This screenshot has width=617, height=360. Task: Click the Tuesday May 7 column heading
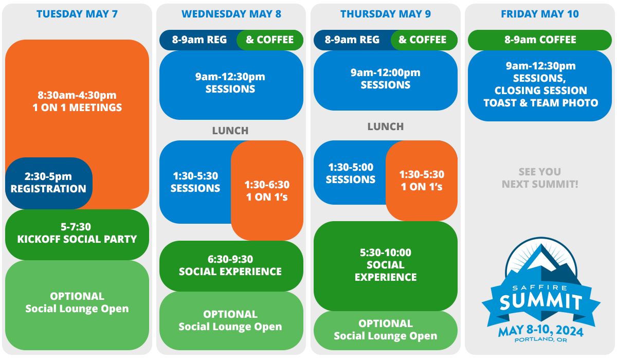coord(77,14)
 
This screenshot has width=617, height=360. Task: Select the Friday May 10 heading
coord(540,14)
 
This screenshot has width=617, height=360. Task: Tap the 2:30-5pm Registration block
coord(48,183)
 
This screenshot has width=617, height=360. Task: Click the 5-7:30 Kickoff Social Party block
coord(77,233)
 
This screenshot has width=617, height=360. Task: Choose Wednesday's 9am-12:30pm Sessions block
coord(230,83)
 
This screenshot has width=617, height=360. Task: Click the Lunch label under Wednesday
coord(230,131)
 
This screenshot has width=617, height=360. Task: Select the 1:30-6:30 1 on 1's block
coord(267,191)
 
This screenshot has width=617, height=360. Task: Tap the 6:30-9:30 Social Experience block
coord(230,265)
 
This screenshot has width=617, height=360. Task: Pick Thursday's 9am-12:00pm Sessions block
coord(386,79)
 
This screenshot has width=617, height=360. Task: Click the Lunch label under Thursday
coord(386,127)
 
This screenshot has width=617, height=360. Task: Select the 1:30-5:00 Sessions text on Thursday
coord(350,173)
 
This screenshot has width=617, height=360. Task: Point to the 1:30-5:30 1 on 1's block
coord(422,181)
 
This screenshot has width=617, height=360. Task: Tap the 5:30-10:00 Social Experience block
coord(386,265)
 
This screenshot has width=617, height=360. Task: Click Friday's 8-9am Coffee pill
coord(540,40)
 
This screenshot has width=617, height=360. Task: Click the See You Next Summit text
coord(540,178)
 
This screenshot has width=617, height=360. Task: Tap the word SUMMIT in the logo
coord(540,302)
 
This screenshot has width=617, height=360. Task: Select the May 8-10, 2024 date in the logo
coord(540,331)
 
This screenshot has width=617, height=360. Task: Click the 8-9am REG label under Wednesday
coord(199,40)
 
